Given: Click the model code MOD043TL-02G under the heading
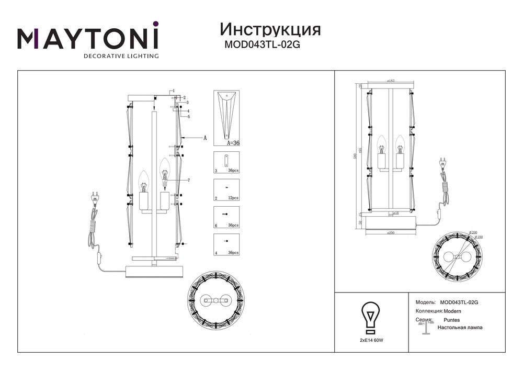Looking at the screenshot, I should coord(262,45).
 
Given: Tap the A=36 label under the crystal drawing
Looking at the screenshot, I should coord(233,142).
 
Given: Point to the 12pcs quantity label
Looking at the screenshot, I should coord(233,198).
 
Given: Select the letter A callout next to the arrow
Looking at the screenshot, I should coord(205,138).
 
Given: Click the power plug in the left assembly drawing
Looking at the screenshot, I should coord(95,197).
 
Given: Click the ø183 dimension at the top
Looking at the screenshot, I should coord(390,81).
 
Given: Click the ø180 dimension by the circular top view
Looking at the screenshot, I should coord(479,237).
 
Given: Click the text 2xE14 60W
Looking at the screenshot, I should coord(371,340).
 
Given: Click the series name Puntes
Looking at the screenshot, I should coord(451,319).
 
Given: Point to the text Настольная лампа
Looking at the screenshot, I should coord(460,328).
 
